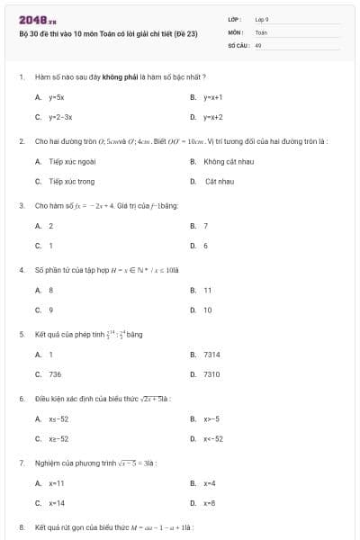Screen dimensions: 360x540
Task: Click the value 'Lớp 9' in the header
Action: coord(261,18)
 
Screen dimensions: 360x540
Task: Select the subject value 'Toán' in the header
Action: coord(261,31)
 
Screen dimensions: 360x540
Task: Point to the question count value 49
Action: coord(258,44)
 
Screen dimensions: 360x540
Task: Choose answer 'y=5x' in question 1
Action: coord(56,96)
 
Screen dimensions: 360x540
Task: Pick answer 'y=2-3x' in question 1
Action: coord(59,117)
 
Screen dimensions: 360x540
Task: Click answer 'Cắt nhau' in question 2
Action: coord(220,181)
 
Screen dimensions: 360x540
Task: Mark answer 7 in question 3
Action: coord(206,226)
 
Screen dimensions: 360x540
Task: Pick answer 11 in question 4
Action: coord(208,290)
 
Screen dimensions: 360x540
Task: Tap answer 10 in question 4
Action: coord(208,310)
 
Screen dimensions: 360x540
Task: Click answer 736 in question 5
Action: coord(55,374)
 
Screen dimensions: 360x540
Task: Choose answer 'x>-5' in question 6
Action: coord(211,418)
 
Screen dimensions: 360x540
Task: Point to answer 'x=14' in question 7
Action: coord(57,503)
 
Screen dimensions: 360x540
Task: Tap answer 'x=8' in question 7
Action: coord(210,503)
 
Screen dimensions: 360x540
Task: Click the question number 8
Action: coord(22,526)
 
